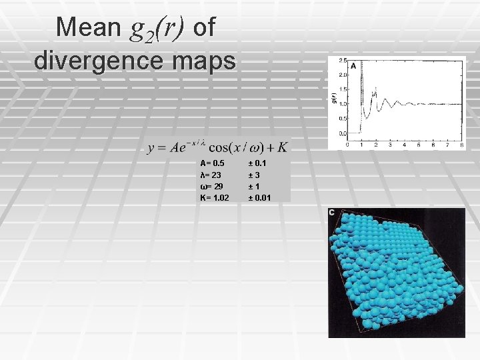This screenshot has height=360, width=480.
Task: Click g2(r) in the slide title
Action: click(153, 27)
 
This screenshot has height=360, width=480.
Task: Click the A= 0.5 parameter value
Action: click(213, 163)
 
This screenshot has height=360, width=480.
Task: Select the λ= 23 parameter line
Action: click(211, 175)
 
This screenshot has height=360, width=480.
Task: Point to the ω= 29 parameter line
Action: click(212, 186)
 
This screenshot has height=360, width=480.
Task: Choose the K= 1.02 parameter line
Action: click(215, 198)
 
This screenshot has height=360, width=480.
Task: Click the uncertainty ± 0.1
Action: click(257, 163)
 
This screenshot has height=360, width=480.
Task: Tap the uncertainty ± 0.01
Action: click(259, 198)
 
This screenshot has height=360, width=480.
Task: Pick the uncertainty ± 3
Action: click(253, 175)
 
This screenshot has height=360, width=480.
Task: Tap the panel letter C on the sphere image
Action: click(332, 213)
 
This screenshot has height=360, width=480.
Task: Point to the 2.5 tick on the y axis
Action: click(342, 61)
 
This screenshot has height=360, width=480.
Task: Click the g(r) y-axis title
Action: click(335, 97)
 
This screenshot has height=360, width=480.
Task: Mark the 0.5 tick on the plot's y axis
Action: click(342, 119)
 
